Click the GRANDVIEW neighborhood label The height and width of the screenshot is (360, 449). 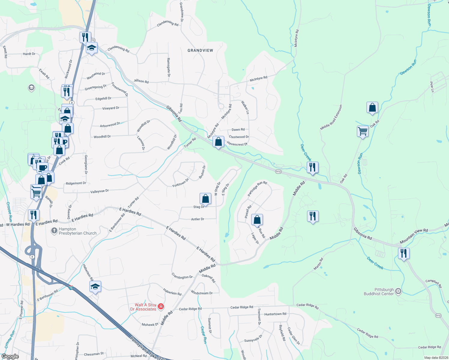[x=200, y=50]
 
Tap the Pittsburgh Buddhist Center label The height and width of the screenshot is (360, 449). [x=379, y=292]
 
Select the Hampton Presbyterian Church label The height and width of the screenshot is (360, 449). [x=77, y=231]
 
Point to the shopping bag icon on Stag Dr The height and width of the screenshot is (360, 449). [x=205, y=199]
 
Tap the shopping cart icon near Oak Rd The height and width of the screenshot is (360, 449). [x=363, y=131]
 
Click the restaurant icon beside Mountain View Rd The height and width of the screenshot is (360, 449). [x=404, y=253]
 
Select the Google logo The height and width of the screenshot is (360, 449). [x=10, y=356]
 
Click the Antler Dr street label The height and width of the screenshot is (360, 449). [x=197, y=219]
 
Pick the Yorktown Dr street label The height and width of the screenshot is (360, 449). [x=180, y=183]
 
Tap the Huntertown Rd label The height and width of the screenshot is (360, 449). [x=275, y=314]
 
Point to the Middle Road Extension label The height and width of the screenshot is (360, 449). [x=331, y=117]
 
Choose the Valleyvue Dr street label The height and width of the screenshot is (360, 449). [x=99, y=191]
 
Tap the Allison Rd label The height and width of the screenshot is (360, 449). [x=141, y=81]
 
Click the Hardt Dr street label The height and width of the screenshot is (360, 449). [x=29, y=54]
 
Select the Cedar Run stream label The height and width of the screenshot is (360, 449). [x=203, y=335]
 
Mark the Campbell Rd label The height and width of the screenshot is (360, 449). [x=434, y=283]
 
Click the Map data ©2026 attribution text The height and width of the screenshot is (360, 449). [x=436, y=358]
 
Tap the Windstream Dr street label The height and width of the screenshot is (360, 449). [x=202, y=293]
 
